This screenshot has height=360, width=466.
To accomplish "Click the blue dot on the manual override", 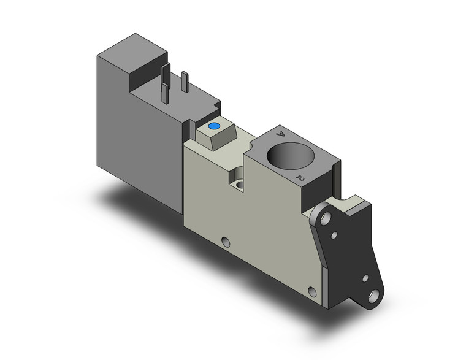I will (214, 128).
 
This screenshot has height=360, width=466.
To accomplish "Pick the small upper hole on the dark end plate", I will (334, 234).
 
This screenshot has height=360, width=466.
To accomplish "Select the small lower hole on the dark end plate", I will (365, 279).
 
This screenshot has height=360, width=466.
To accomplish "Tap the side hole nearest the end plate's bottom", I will (313, 291).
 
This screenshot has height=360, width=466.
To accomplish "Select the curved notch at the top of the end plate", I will (347, 202).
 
